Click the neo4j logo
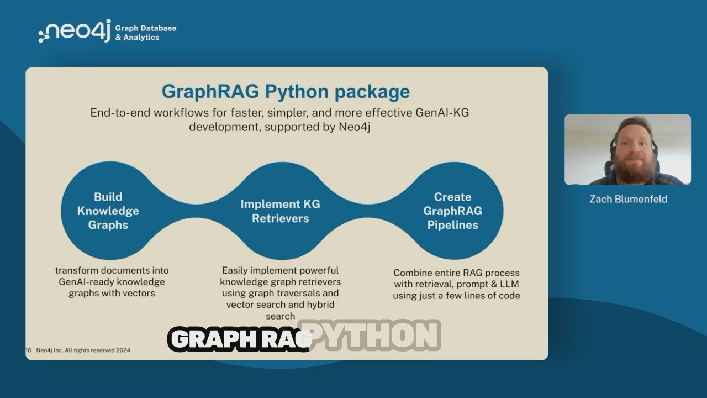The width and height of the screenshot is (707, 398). click(x=75, y=30)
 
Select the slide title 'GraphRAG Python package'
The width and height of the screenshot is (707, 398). click(x=286, y=92)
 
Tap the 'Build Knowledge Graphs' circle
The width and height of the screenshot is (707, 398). click(x=108, y=211)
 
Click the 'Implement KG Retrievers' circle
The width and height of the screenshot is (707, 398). click(x=280, y=211)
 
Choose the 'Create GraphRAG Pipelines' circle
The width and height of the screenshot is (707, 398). click(x=452, y=211)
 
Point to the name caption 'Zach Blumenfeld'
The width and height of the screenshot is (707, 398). click(x=628, y=200)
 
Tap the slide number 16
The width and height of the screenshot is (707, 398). click(x=28, y=350)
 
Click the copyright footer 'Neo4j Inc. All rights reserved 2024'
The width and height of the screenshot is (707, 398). click(x=83, y=350)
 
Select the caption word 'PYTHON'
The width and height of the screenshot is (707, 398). click(x=370, y=335)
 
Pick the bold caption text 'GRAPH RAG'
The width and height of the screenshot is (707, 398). click(x=240, y=339)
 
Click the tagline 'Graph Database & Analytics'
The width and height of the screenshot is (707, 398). click(x=145, y=33)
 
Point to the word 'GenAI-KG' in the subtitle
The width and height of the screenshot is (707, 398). click(x=442, y=113)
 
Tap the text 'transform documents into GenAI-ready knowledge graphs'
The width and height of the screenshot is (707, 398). click(x=112, y=282)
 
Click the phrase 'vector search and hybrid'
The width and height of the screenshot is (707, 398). click(x=280, y=305)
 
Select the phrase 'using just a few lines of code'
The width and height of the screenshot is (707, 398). click(x=456, y=296)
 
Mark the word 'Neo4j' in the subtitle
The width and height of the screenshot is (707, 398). click(x=355, y=127)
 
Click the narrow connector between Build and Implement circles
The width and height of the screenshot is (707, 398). click(x=196, y=211)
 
